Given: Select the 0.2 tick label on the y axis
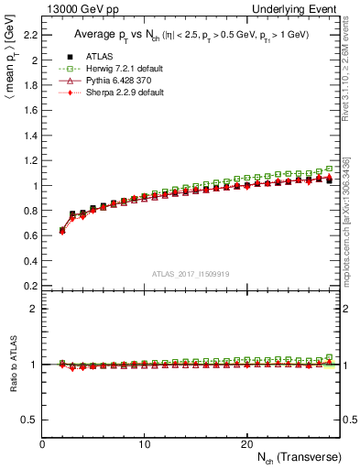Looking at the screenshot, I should (x=31, y=286).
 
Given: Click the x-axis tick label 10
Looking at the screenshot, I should (x=144, y=444).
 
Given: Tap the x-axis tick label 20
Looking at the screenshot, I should (x=246, y=444).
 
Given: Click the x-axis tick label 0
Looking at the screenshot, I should (x=42, y=444).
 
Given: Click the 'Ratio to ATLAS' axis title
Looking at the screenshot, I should (x=12, y=365).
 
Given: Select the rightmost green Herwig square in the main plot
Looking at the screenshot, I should (x=329, y=169).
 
